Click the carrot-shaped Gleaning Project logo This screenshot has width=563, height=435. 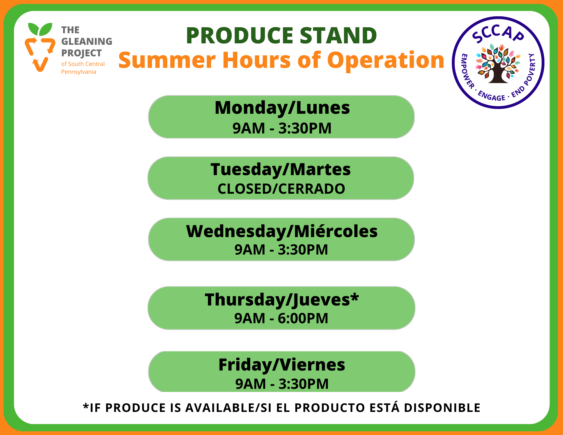pyautogui.click(x=40, y=47)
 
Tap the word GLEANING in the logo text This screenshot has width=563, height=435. pyautogui.click(x=87, y=41)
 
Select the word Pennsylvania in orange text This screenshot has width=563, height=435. pyautogui.click(x=79, y=72)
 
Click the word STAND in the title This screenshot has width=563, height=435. pyautogui.click(x=338, y=36)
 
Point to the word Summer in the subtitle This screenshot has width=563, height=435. pyautogui.click(x=167, y=60)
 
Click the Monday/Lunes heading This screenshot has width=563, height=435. pyautogui.click(x=282, y=108)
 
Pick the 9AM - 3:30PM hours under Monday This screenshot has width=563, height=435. pyautogui.click(x=282, y=128)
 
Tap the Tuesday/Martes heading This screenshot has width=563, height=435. pyautogui.click(x=281, y=169)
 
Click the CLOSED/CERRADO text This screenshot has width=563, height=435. pyautogui.click(x=281, y=189)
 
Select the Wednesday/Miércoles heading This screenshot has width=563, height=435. pyautogui.click(x=282, y=231)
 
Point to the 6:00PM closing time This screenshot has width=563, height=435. pyautogui.click(x=303, y=318)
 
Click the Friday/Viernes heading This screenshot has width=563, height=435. pyautogui.click(x=282, y=365)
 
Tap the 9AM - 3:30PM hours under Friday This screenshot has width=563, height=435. pyautogui.click(x=282, y=384)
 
